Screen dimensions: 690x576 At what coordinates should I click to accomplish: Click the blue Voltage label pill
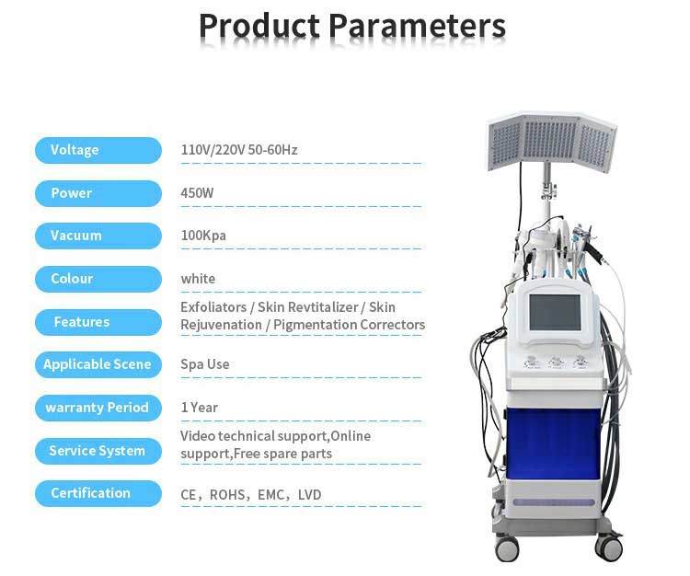coord(98,150)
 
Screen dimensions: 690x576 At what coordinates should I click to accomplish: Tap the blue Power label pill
coord(98,193)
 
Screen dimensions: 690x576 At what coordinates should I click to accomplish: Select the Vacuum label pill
coord(98,236)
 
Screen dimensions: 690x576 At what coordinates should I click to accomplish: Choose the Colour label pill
coord(98,279)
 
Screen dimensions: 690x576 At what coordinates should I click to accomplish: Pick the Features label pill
coord(98,322)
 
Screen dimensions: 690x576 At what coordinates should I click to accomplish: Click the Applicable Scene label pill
coord(98,364)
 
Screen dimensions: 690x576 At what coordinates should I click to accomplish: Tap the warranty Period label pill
coord(98,408)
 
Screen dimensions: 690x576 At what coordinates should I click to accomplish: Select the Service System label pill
coord(98,451)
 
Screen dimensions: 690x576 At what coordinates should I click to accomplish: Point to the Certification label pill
coord(98,493)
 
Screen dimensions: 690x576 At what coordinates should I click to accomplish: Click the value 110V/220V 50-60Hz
coord(239,150)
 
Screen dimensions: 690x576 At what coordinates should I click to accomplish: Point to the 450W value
coord(197,193)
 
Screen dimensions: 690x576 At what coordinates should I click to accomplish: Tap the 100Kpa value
coord(203,236)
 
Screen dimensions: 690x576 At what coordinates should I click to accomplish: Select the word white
coord(198,279)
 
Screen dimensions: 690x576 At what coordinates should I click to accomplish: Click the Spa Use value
coord(204,364)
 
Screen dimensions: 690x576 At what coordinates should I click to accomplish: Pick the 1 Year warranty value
coord(199,408)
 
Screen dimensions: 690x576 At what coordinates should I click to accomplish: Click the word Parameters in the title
coord(417,26)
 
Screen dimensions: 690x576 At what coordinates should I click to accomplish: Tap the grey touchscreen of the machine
coord(555,312)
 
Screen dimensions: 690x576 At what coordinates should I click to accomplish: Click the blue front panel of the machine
coord(554,444)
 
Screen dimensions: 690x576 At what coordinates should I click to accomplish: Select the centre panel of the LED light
coord(549,140)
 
